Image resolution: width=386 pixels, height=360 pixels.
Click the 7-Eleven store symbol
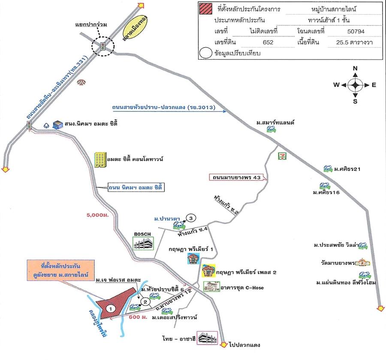tap(283, 156)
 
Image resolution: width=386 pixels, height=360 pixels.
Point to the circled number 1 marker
tap(111, 308)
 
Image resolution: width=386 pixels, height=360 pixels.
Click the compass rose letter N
tap(355, 69)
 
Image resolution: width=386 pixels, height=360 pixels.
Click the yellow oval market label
tap(134, 30)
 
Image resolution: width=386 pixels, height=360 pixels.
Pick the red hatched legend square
tap(205, 9)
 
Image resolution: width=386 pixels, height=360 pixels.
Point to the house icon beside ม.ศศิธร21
tap(328, 168)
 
